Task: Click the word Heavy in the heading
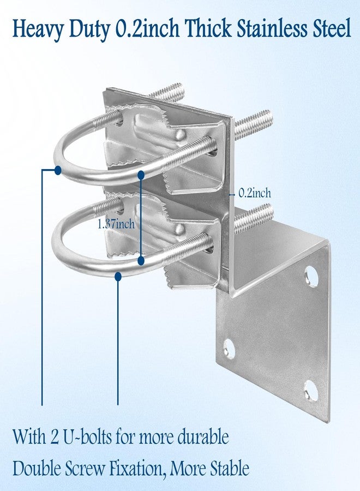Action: [38, 29]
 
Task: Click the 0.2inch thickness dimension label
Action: [255, 193]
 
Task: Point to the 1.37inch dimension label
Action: [116, 224]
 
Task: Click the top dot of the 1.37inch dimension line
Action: [141, 175]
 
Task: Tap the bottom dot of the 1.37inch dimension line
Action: [141, 260]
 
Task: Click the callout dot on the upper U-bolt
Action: [58, 170]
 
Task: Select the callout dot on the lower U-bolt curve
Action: [118, 276]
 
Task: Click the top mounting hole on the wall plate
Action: [311, 276]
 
